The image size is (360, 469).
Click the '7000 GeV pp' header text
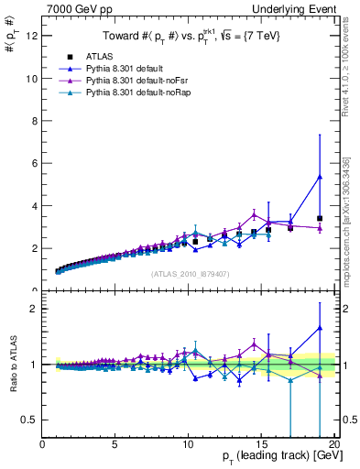point(74,8)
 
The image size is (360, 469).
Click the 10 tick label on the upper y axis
point(32,79)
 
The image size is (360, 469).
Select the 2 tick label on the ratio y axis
point(35,309)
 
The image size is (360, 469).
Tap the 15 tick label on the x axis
point(261,445)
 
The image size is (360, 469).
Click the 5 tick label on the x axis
point(115,445)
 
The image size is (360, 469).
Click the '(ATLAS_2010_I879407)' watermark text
point(189,272)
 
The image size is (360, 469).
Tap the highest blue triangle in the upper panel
point(319,177)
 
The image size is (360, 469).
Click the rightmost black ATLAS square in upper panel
point(319,219)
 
